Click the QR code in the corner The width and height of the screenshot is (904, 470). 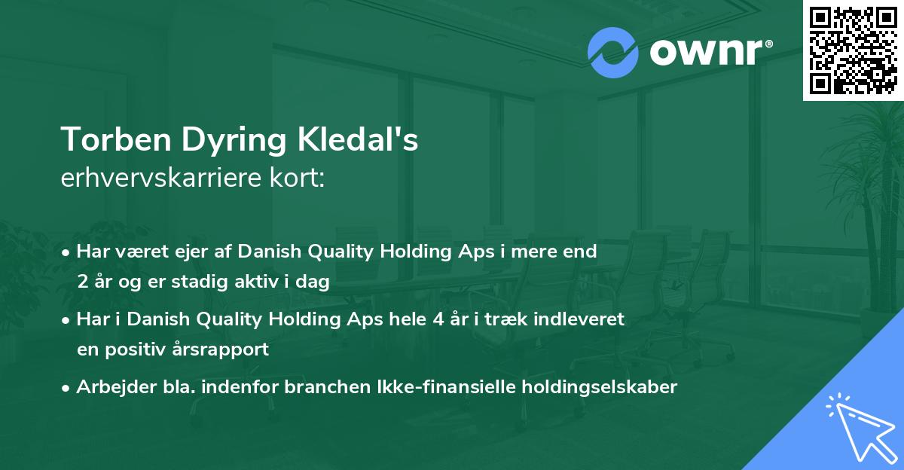(854, 50)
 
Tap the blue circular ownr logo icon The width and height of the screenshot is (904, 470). (613, 53)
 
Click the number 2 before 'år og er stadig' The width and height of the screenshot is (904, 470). (82, 282)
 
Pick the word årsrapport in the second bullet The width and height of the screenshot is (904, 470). (224, 349)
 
